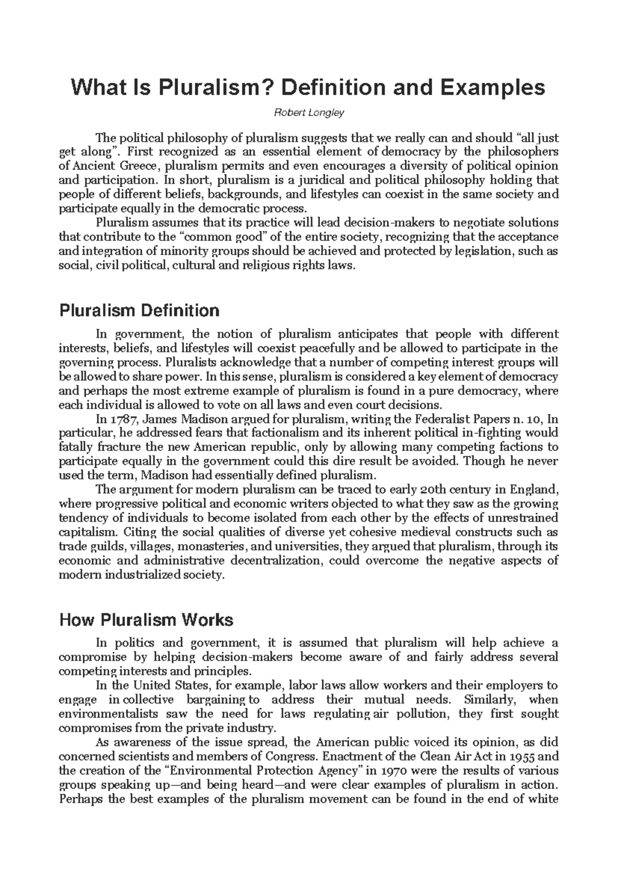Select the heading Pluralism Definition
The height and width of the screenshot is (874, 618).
click(x=140, y=311)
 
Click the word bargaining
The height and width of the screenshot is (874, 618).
click(x=215, y=700)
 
